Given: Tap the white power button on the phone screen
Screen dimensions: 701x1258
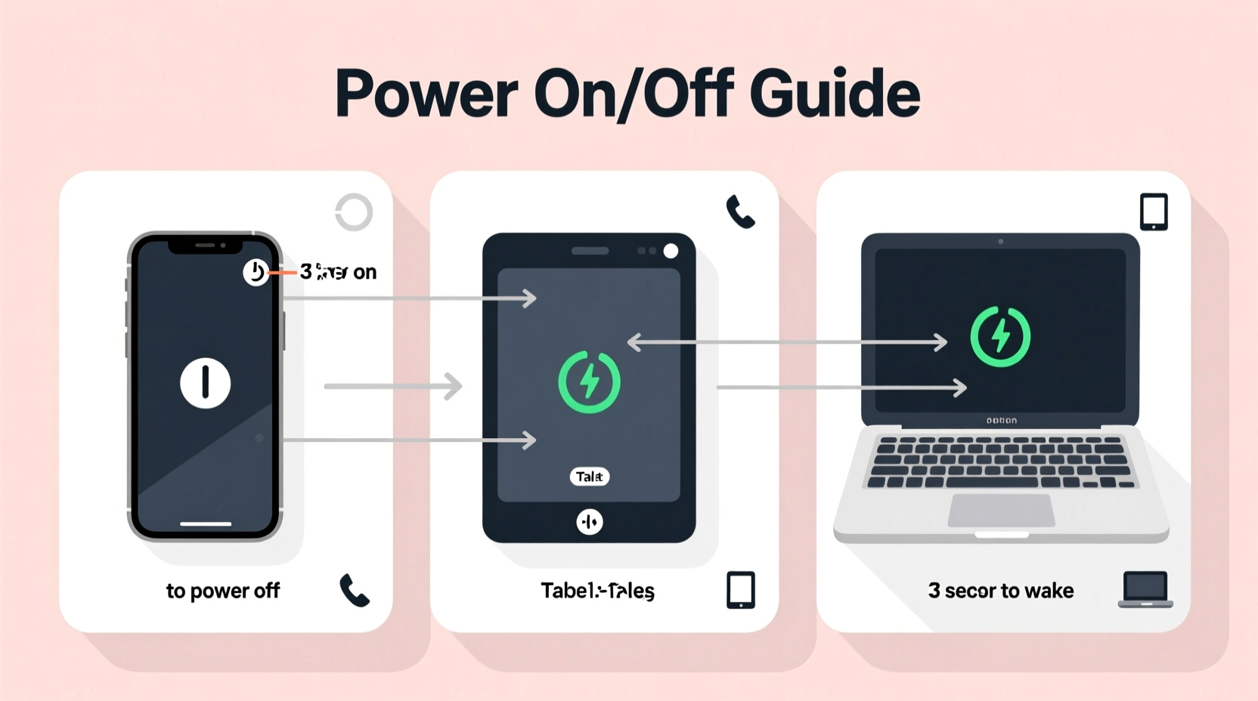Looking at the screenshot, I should pyautogui.click(x=205, y=383).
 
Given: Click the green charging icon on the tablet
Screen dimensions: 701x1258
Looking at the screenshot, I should pyautogui.click(x=589, y=381).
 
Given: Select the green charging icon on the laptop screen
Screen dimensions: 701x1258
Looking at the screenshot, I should pyautogui.click(x=999, y=336).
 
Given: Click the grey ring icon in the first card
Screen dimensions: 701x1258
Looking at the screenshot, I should pyautogui.click(x=354, y=212).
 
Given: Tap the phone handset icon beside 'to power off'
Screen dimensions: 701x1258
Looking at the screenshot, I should pyautogui.click(x=354, y=590).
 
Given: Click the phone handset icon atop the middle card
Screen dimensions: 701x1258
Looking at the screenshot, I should pyautogui.click(x=740, y=212).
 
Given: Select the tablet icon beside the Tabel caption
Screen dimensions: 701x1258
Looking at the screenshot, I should pyautogui.click(x=740, y=590).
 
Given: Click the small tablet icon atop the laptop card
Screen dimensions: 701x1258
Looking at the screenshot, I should pyautogui.click(x=1154, y=212).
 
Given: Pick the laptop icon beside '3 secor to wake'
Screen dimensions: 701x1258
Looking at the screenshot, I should pyautogui.click(x=1145, y=589).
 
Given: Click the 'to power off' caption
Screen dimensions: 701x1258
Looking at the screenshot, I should pyautogui.click(x=223, y=591).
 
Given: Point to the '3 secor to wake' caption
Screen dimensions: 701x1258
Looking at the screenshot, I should pyautogui.click(x=1000, y=591).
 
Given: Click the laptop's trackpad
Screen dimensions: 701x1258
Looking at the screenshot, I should pyautogui.click(x=1001, y=511).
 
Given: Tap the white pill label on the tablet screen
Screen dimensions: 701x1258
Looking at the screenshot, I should pyautogui.click(x=589, y=477).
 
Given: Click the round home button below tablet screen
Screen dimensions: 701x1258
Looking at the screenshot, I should pyautogui.click(x=589, y=521).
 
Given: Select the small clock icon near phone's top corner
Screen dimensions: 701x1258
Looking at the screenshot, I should pyautogui.click(x=256, y=272).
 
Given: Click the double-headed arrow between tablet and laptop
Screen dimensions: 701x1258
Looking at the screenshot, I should pyautogui.click(x=787, y=342).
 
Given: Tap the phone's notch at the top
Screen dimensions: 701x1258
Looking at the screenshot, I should pyautogui.click(x=205, y=246).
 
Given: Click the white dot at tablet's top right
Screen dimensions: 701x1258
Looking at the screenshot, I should pyautogui.click(x=671, y=252).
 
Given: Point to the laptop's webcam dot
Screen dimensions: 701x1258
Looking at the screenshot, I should pyautogui.click(x=1000, y=242).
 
